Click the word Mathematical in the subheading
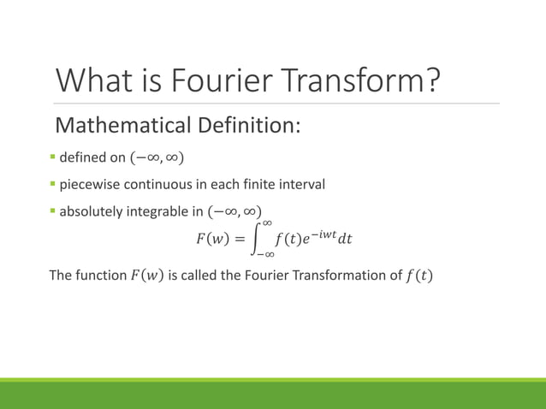[x=122, y=127]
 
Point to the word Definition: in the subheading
[x=247, y=127]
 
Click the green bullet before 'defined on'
[x=52, y=157]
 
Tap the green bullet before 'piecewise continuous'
[x=52, y=184]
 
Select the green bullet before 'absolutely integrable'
[x=52, y=210]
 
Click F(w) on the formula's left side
[x=212, y=239]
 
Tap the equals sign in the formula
[x=242, y=239]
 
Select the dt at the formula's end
[x=344, y=240]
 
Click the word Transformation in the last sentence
[x=326, y=276]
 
